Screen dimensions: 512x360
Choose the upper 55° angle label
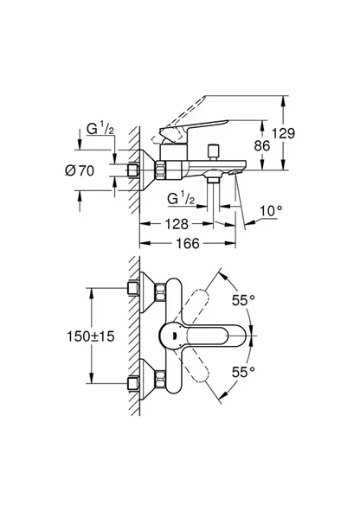click(244, 302)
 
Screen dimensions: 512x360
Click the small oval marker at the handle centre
click(170, 336)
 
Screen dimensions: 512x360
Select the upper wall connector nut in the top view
click(136, 288)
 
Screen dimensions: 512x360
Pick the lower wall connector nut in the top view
click(136, 381)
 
